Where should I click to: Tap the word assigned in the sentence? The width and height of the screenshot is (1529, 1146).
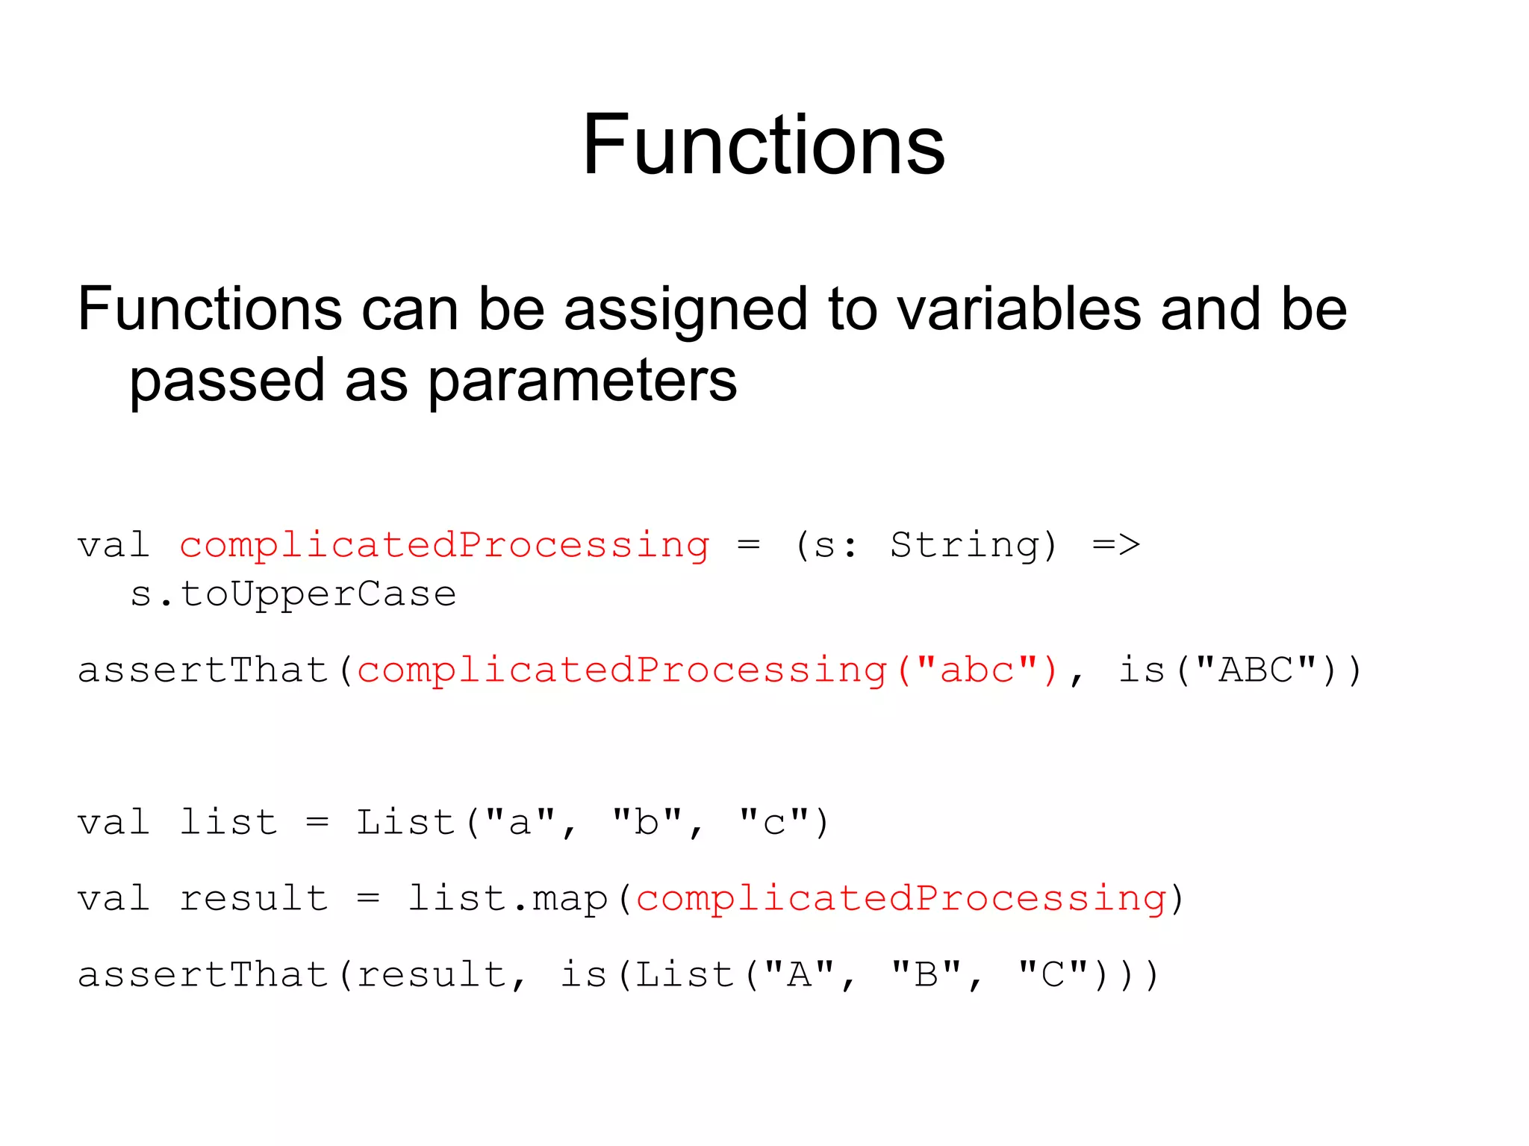(686, 310)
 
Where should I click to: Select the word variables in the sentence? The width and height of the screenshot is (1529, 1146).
(1019, 310)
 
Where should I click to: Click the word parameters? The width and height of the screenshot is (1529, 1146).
(582, 381)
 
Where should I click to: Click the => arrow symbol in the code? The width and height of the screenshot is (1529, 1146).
(1116, 545)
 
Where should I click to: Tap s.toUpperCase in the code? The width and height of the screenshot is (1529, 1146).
(293, 594)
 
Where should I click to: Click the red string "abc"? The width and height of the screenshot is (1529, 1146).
(977, 670)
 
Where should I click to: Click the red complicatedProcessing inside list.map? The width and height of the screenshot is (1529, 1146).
(901, 898)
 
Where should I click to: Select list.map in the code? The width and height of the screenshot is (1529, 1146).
(508, 898)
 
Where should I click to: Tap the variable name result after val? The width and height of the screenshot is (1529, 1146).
(254, 898)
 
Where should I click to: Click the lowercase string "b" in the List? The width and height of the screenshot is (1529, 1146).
(647, 823)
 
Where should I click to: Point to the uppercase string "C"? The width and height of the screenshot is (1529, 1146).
(1053, 974)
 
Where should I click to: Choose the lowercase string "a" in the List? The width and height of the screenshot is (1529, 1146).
(520, 823)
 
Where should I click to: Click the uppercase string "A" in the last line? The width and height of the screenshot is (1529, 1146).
(800, 974)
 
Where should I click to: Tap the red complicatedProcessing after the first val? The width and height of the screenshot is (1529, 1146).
(444, 545)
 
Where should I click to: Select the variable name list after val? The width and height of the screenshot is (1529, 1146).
(228, 823)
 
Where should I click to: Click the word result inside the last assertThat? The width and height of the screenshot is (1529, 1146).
(432, 974)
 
